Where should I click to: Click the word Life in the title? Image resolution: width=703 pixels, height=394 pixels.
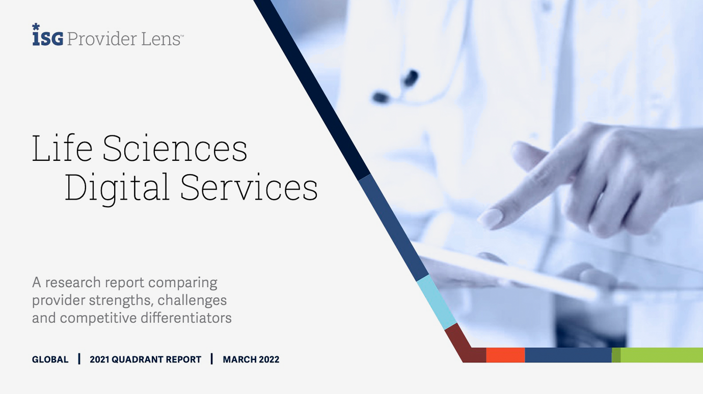[x=62, y=148]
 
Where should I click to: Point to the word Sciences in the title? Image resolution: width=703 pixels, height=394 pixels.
[x=175, y=148]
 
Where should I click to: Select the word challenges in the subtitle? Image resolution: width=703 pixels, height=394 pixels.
[x=192, y=300]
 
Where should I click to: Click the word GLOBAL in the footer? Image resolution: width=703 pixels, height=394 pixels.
[x=50, y=359]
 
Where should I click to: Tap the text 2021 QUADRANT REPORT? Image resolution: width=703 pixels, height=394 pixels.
[x=145, y=359]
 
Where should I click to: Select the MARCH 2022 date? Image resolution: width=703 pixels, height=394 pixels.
[x=251, y=359]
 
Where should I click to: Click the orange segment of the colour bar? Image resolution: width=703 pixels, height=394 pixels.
[x=505, y=355]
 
